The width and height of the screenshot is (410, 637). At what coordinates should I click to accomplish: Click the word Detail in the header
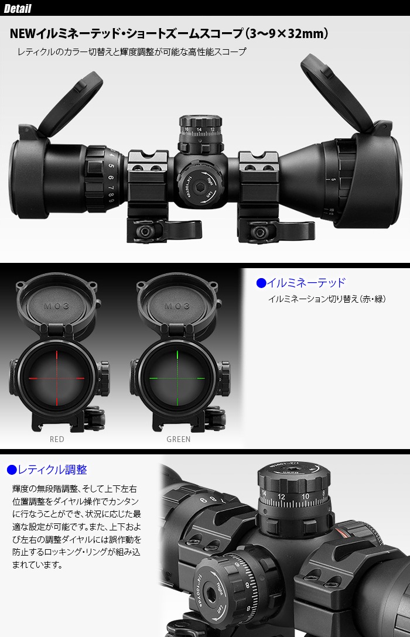pyautogui.click(x=17, y=9)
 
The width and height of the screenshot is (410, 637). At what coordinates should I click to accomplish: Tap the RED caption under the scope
pyautogui.click(x=57, y=439)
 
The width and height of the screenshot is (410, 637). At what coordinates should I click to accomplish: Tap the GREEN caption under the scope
pyautogui.click(x=179, y=439)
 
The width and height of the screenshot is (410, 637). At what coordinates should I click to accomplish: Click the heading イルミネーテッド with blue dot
pyautogui.click(x=301, y=283)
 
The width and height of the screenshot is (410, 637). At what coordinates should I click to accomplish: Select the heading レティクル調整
pyautogui.click(x=47, y=470)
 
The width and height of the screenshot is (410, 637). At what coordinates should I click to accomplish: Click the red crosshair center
pyautogui.click(x=57, y=378)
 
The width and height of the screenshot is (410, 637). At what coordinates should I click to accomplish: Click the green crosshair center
pyautogui.click(x=178, y=378)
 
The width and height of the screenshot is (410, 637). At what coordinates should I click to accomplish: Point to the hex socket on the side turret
pyautogui.click(x=200, y=187)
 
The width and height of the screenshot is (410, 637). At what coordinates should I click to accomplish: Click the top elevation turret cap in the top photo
pyautogui.click(x=201, y=122)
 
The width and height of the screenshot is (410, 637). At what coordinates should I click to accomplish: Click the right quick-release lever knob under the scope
pyautogui.click(x=259, y=232)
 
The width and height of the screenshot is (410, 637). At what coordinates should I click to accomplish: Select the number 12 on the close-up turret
pyautogui.click(x=281, y=497)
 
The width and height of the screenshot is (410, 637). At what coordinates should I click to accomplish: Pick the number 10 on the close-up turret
pyautogui.click(x=305, y=496)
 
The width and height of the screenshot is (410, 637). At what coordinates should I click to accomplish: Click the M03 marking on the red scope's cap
pyautogui.click(x=56, y=306)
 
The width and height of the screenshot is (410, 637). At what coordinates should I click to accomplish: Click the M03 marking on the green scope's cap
pyautogui.click(x=177, y=306)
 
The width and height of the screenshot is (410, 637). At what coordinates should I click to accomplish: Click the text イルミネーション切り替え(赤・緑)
pyautogui.click(x=327, y=299)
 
